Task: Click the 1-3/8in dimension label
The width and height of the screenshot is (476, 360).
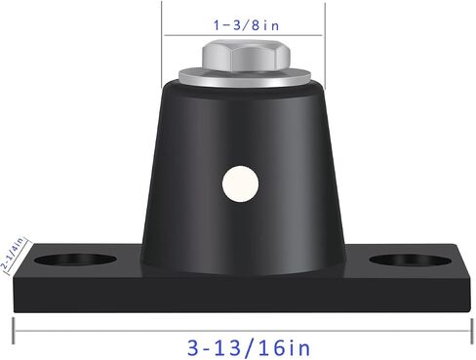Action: point(246,25)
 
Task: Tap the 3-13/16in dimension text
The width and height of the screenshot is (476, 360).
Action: point(249,348)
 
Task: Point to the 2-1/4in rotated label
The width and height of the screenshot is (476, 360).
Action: point(13,254)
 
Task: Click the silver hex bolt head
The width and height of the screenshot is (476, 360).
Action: point(246,56)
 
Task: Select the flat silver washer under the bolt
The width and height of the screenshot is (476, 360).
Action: point(245,78)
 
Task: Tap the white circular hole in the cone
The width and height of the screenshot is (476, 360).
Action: point(241,183)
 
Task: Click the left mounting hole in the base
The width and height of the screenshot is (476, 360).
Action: point(75,260)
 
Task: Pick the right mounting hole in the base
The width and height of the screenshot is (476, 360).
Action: point(411,260)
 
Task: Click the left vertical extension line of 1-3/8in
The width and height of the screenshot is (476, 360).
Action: point(162,45)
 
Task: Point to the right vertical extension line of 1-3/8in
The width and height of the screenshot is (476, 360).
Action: point(325,46)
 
